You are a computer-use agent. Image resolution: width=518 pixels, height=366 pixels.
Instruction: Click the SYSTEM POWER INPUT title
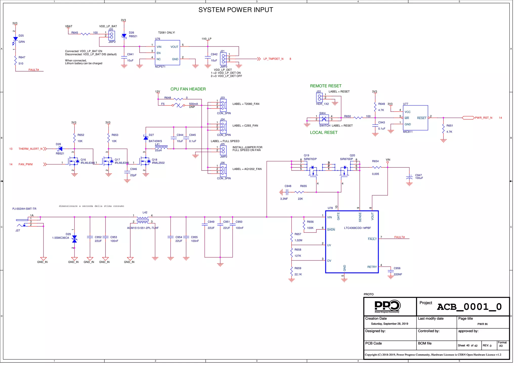coord(235,10)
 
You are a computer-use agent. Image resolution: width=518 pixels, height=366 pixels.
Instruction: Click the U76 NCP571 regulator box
coord(167,53)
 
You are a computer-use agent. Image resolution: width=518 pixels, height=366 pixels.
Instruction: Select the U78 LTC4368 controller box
coord(352,242)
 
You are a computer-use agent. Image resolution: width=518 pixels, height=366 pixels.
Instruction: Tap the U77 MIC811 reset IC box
coord(415,118)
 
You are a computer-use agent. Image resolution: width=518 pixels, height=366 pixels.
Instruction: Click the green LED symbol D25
coord(15,39)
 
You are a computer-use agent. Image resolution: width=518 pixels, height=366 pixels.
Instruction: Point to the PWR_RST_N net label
coord(483,118)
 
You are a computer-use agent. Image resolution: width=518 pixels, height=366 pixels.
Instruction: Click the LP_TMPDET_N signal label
coord(273,59)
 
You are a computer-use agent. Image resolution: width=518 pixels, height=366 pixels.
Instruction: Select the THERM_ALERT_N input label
coord(30,149)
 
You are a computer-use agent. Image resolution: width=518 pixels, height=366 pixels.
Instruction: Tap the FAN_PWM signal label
coord(26,164)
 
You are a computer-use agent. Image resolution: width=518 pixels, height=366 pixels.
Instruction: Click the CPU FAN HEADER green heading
coord(188,89)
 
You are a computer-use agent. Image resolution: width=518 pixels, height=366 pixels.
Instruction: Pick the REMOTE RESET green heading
coord(326,86)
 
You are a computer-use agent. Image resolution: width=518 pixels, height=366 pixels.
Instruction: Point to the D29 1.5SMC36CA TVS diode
coord(74,239)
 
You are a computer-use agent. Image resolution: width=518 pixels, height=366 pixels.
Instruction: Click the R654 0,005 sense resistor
coord(377,167)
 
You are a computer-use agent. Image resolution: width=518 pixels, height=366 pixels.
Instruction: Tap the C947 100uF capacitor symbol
coord(409,178)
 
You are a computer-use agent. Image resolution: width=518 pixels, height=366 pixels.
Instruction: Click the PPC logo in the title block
coord(387,306)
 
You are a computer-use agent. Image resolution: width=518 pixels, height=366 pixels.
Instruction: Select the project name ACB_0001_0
coord(469,307)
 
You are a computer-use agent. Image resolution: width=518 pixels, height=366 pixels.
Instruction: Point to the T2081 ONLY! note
coord(166,33)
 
